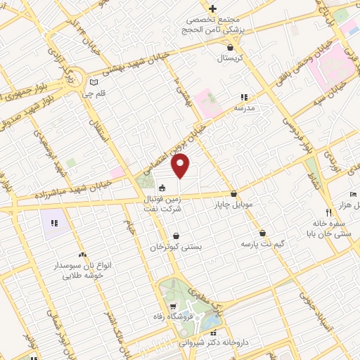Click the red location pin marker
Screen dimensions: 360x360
tap(181, 166)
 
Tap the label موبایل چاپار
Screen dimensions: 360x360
tap(233, 205)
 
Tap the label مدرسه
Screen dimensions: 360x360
tap(244, 108)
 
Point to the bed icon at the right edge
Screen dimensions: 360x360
tap(353, 195)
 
